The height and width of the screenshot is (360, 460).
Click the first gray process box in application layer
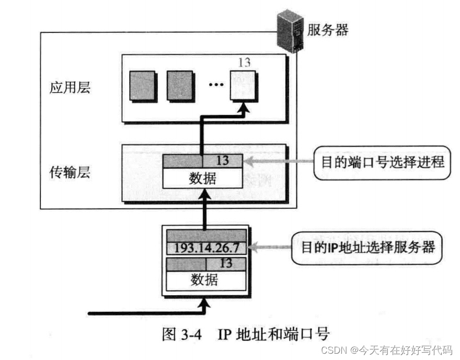pos(142,86)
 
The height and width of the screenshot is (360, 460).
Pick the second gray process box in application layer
pos(180,86)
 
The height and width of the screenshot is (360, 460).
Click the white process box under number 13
pos(244,86)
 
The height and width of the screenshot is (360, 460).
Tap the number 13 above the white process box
pos(244,62)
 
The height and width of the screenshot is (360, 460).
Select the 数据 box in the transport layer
pos(202,178)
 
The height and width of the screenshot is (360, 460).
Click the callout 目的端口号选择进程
pos(380,163)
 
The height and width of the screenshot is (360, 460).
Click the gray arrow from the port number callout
pos(278,163)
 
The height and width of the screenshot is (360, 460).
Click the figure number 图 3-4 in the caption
pos(177,333)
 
